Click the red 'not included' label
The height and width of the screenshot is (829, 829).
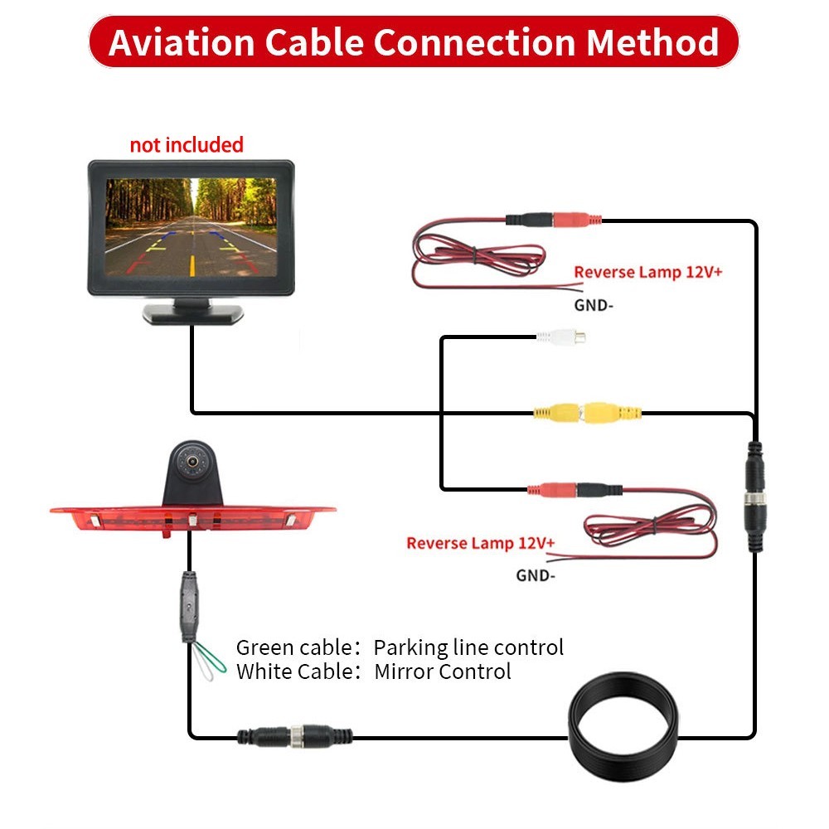pyautogui.click(x=187, y=145)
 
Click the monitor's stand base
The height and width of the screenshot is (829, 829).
pyautogui.click(x=192, y=313)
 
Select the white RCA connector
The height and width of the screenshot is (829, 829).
pyautogui.click(x=561, y=337)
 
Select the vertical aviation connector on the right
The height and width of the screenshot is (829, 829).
pyautogui.click(x=755, y=497)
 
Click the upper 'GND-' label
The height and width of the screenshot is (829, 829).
pyautogui.click(x=594, y=304)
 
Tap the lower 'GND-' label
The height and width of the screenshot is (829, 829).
pyautogui.click(x=536, y=574)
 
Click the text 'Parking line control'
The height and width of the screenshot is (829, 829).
pyautogui.click(x=468, y=647)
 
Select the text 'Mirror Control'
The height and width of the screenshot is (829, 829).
pyautogui.click(x=443, y=671)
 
